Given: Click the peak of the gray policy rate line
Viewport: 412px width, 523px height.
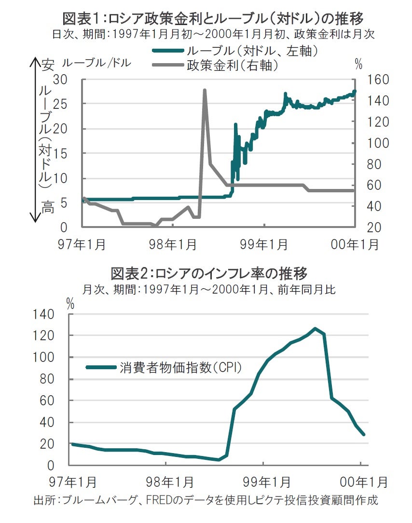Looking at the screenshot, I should [x=205, y=90].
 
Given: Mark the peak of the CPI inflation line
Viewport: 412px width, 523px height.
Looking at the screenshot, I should [x=315, y=329].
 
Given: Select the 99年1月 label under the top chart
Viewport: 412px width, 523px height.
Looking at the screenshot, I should [x=265, y=244].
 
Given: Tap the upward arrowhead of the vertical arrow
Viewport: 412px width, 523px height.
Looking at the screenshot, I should [x=35, y=61].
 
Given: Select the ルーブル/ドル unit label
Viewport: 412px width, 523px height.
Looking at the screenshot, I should [x=96, y=63].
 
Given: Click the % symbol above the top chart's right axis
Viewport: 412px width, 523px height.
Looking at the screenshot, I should [x=358, y=64].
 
